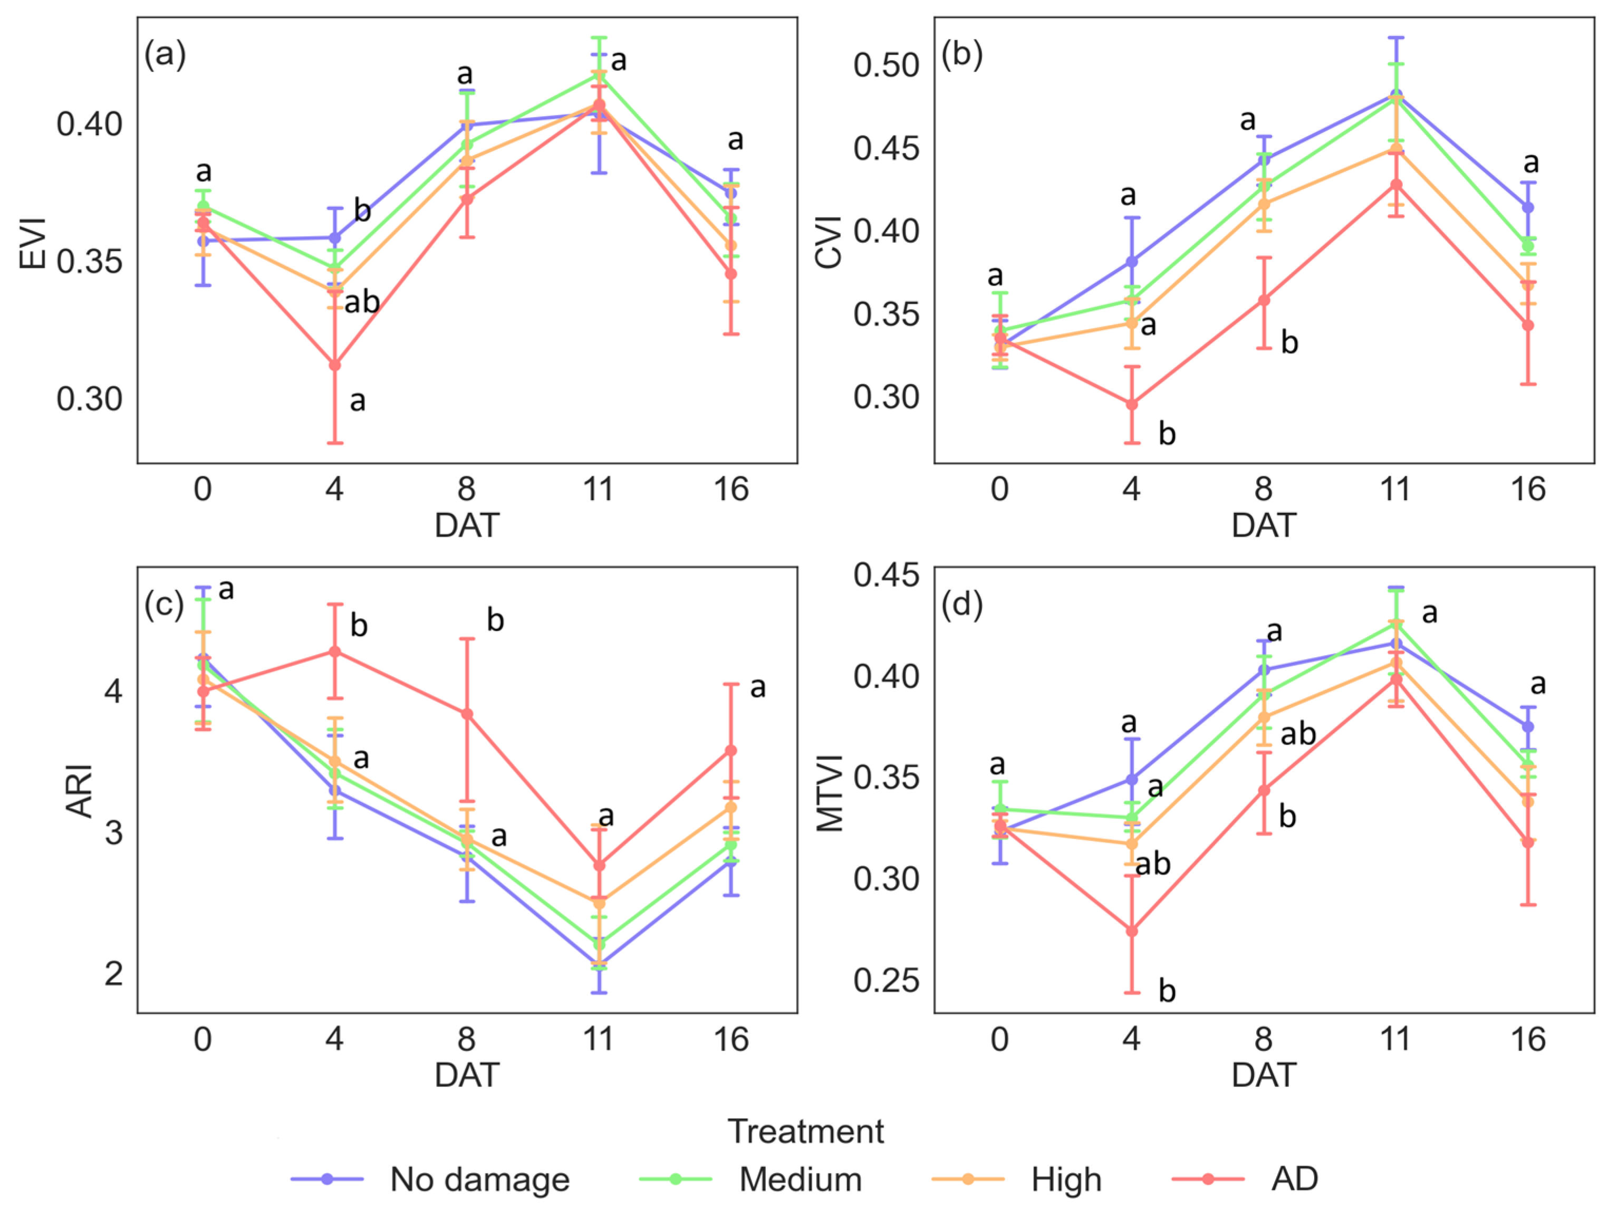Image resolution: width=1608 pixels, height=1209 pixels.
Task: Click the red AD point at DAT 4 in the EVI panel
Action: [335, 365]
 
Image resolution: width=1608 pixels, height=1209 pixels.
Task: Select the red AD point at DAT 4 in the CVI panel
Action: [1132, 404]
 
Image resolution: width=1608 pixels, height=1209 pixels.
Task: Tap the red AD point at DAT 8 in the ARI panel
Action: [467, 714]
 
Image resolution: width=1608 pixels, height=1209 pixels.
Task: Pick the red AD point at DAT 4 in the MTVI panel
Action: [1132, 930]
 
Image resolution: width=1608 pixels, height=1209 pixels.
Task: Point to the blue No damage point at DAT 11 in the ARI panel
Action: [599, 963]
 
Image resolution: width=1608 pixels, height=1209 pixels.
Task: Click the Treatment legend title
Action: [805, 1131]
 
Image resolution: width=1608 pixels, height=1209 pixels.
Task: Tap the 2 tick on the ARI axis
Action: [114, 973]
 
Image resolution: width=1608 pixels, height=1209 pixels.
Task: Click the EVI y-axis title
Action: [33, 244]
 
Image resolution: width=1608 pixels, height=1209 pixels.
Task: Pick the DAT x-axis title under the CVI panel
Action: [1264, 525]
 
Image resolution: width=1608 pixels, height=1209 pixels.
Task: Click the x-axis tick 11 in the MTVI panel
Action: [1395, 1040]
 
